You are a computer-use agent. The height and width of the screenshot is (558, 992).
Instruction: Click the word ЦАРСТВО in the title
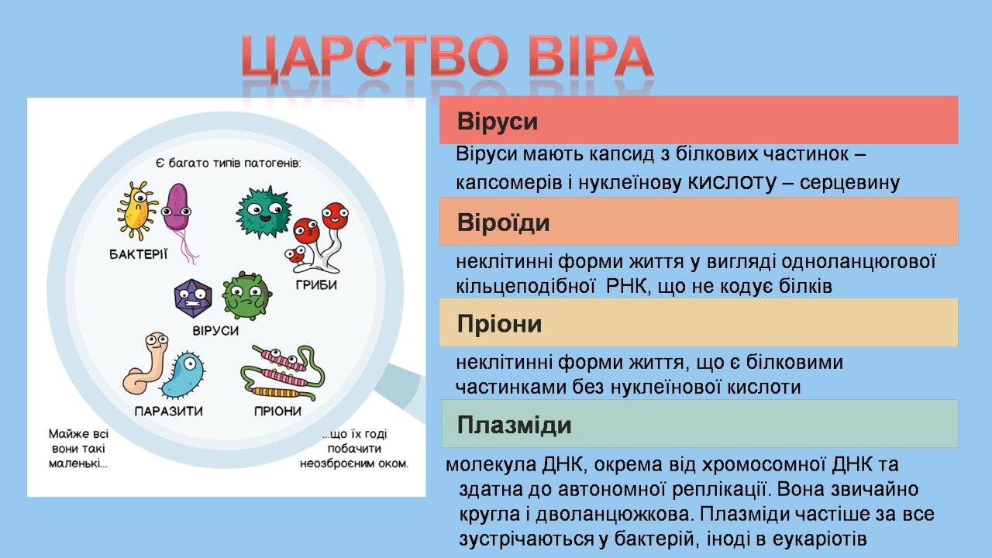coord(375,57)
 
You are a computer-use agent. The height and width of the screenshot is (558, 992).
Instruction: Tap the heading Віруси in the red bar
coord(498,121)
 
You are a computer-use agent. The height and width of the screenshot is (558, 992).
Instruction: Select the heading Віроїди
coord(503,222)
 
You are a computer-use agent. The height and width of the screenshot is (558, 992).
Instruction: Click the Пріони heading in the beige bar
coord(499,324)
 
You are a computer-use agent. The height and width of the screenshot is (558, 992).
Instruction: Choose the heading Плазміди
coord(514,425)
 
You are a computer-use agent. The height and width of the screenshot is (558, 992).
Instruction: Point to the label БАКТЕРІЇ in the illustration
coord(139,254)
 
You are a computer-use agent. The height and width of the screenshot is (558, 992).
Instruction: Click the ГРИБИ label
coord(316,284)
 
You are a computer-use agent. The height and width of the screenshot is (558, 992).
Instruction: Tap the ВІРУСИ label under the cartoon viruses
coord(215,331)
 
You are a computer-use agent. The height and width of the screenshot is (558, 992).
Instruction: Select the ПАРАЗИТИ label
coord(169,411)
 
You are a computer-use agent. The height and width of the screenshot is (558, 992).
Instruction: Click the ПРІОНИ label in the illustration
coord(277,411)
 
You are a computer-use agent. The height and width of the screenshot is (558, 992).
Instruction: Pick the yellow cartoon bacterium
coord(137,210)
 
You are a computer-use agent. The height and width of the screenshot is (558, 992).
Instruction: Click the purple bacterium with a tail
coord(177,208)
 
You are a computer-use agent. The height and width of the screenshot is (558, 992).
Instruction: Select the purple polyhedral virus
coord(193,298)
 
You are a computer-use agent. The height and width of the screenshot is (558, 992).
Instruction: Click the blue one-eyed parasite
coord(183,374)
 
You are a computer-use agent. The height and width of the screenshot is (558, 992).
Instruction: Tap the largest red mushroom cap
coord(335,215)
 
